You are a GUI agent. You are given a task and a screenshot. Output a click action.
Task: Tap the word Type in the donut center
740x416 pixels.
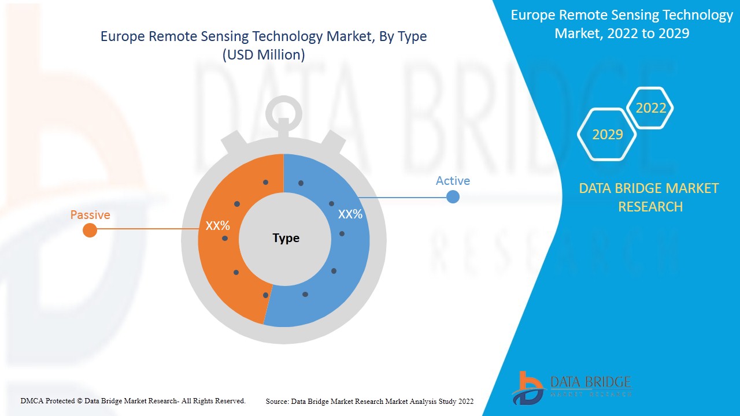pyautogui.click(x=286, y=238)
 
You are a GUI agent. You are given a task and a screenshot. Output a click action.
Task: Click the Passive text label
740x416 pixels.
pyautogui.click(x=90, y=215)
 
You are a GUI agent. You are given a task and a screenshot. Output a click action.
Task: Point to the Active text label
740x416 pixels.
pyautogui.click(x=453, y=181)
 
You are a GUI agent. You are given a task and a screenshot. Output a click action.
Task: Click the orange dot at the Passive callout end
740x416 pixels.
pyautogui.click(x=90, y=231)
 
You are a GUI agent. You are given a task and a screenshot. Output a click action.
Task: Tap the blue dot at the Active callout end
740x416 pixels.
pyautogui.click(x=453, y=196)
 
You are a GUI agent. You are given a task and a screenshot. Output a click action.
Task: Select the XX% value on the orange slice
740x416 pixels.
pyautogui.click(x=218, y=226)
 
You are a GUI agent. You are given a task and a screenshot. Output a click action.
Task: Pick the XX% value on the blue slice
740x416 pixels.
pyautogui.click(x=350, y=214)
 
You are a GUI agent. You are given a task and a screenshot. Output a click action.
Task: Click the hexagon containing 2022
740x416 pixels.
pyautogui.click(x=650, y=108)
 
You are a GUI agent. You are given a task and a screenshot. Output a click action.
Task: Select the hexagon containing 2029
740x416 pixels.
pyautogui.click(x=607, y=135)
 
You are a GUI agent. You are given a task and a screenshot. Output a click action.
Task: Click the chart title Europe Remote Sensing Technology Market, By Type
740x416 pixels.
pyautogui.click(x=264, y=36)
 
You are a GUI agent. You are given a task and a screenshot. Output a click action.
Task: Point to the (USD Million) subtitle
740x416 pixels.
pyautogui.click(x=264, y=55)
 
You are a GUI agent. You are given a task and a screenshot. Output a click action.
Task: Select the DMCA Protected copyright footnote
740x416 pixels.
pyautogui.click(x=133, y=400)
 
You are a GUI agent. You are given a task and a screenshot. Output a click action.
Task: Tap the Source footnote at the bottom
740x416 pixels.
pyautogui.click(x=369, y=401)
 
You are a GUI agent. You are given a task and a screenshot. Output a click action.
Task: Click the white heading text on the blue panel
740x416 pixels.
pyautogui.click(x=621, y=24)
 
